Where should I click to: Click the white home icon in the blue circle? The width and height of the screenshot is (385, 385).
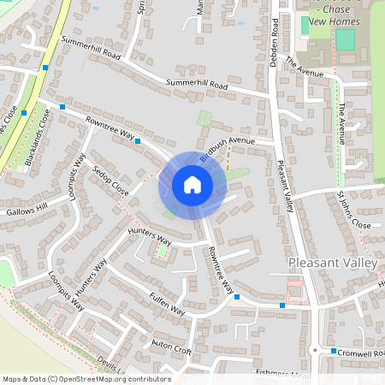click(x=192, y=185)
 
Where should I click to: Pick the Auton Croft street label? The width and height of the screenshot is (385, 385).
click(x=171, y=347)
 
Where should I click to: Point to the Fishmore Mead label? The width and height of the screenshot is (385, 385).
click(x=282, y=374)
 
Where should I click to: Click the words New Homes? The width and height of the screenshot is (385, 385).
click(x=329, y=21)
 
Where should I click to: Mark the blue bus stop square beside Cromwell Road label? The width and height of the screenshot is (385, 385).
click(x=334, y=351)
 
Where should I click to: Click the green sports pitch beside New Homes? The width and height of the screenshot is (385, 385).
click(x=345, y=39)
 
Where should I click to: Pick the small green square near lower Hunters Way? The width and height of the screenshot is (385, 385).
click(x=161, y=251)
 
